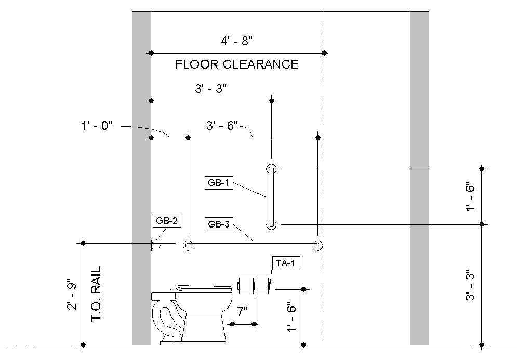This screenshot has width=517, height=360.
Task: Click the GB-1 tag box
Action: pos(219,183)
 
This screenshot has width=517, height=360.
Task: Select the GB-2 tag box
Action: pos(167,220)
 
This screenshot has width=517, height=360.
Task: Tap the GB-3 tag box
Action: pos(219,224)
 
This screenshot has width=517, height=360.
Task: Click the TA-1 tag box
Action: pos(285,263)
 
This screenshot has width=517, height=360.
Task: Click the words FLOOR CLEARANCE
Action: pos(237,64)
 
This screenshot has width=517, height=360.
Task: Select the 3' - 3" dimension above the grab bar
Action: pos(211,89)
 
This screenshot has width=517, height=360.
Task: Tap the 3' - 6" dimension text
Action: pos(222,125)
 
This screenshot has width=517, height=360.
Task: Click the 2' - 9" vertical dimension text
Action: pos(72,296)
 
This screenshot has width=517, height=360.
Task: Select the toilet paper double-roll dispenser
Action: pos(254,285)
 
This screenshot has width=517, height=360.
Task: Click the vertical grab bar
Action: pos(271,196)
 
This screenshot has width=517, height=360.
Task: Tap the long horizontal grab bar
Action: pos(253,246)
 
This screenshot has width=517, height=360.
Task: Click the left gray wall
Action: pos(141,177)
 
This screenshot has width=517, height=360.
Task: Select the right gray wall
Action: pos(419,177)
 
